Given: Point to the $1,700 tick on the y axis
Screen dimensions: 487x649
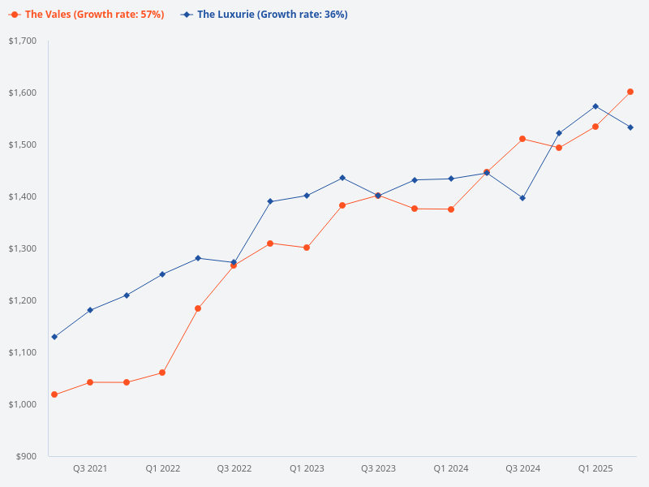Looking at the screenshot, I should tap(23, 41).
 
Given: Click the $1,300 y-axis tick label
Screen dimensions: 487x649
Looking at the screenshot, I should tap(23, 248).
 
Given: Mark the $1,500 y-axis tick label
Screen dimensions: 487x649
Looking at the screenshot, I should tap(23, 144).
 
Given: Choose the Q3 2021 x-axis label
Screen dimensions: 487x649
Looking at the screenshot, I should tap(90, 469).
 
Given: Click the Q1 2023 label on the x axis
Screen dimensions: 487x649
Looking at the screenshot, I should tap(307, 469).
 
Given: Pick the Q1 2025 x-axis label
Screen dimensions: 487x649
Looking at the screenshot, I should tap(595, 469).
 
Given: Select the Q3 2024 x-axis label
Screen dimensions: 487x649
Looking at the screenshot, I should tap(523, 469).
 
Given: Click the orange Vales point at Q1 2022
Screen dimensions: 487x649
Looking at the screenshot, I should tap(162, 373).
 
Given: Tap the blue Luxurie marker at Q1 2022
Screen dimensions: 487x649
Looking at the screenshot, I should tap(162, 274).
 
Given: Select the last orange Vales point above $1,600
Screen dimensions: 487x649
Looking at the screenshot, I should tap(630, 92).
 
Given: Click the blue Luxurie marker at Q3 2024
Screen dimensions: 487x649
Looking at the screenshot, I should tap(522, 198).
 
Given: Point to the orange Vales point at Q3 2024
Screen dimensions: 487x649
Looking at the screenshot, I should tap(522, 139).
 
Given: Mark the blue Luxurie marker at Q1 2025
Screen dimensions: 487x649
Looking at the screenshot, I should tap(595, 106).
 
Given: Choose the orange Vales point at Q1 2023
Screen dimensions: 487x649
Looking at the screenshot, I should tap(307, 248).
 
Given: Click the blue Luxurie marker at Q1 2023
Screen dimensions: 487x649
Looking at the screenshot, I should tap(307, 196).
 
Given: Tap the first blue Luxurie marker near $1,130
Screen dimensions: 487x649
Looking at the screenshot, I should tap(54, 337).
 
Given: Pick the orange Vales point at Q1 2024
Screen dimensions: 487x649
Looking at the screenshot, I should tap(451, 209).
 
